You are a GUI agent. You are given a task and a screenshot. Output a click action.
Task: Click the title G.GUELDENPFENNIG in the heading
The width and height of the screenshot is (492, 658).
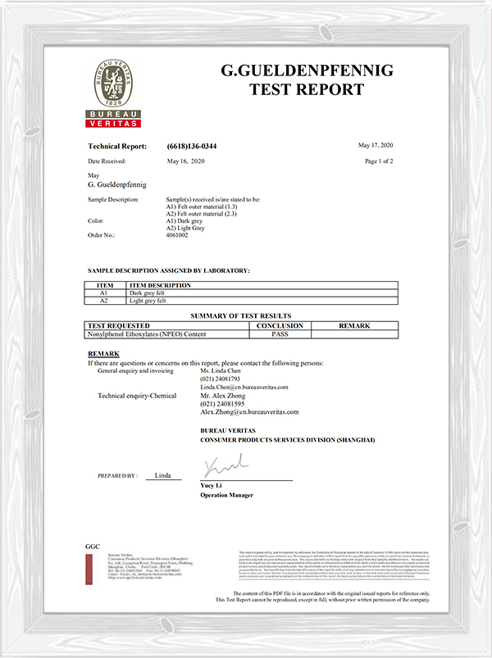pyautogui.click(x=307, y=71)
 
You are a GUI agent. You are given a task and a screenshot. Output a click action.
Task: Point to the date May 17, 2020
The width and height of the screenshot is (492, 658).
pyautogui.click(x=376, y=145)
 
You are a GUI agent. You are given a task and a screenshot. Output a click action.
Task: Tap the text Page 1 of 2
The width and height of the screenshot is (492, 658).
pyautogui.click(x=379, y=161)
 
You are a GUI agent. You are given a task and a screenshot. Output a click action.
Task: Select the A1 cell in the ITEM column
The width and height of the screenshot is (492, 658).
pyautogui.click(x=104, y=293)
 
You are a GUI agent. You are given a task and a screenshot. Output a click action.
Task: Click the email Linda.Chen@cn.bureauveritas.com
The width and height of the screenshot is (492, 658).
pyautogui.click(x=244, y=386)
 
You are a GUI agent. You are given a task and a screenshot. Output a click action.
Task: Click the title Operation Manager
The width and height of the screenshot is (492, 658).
pyautogui.click(x=226, y=495)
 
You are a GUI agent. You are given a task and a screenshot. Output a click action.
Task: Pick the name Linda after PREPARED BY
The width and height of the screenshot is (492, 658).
pyautogui.click(x=162, y=475)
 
